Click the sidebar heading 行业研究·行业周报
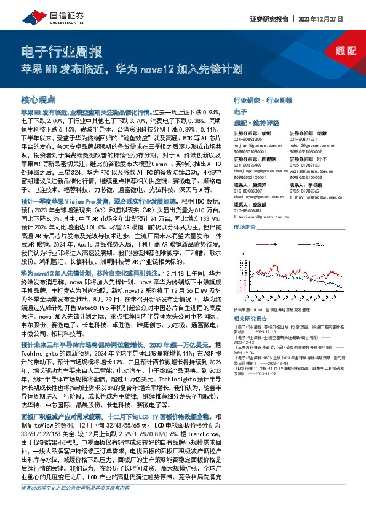pos(263,100)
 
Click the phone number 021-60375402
pos(249,165)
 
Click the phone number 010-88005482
pos(249,210)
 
